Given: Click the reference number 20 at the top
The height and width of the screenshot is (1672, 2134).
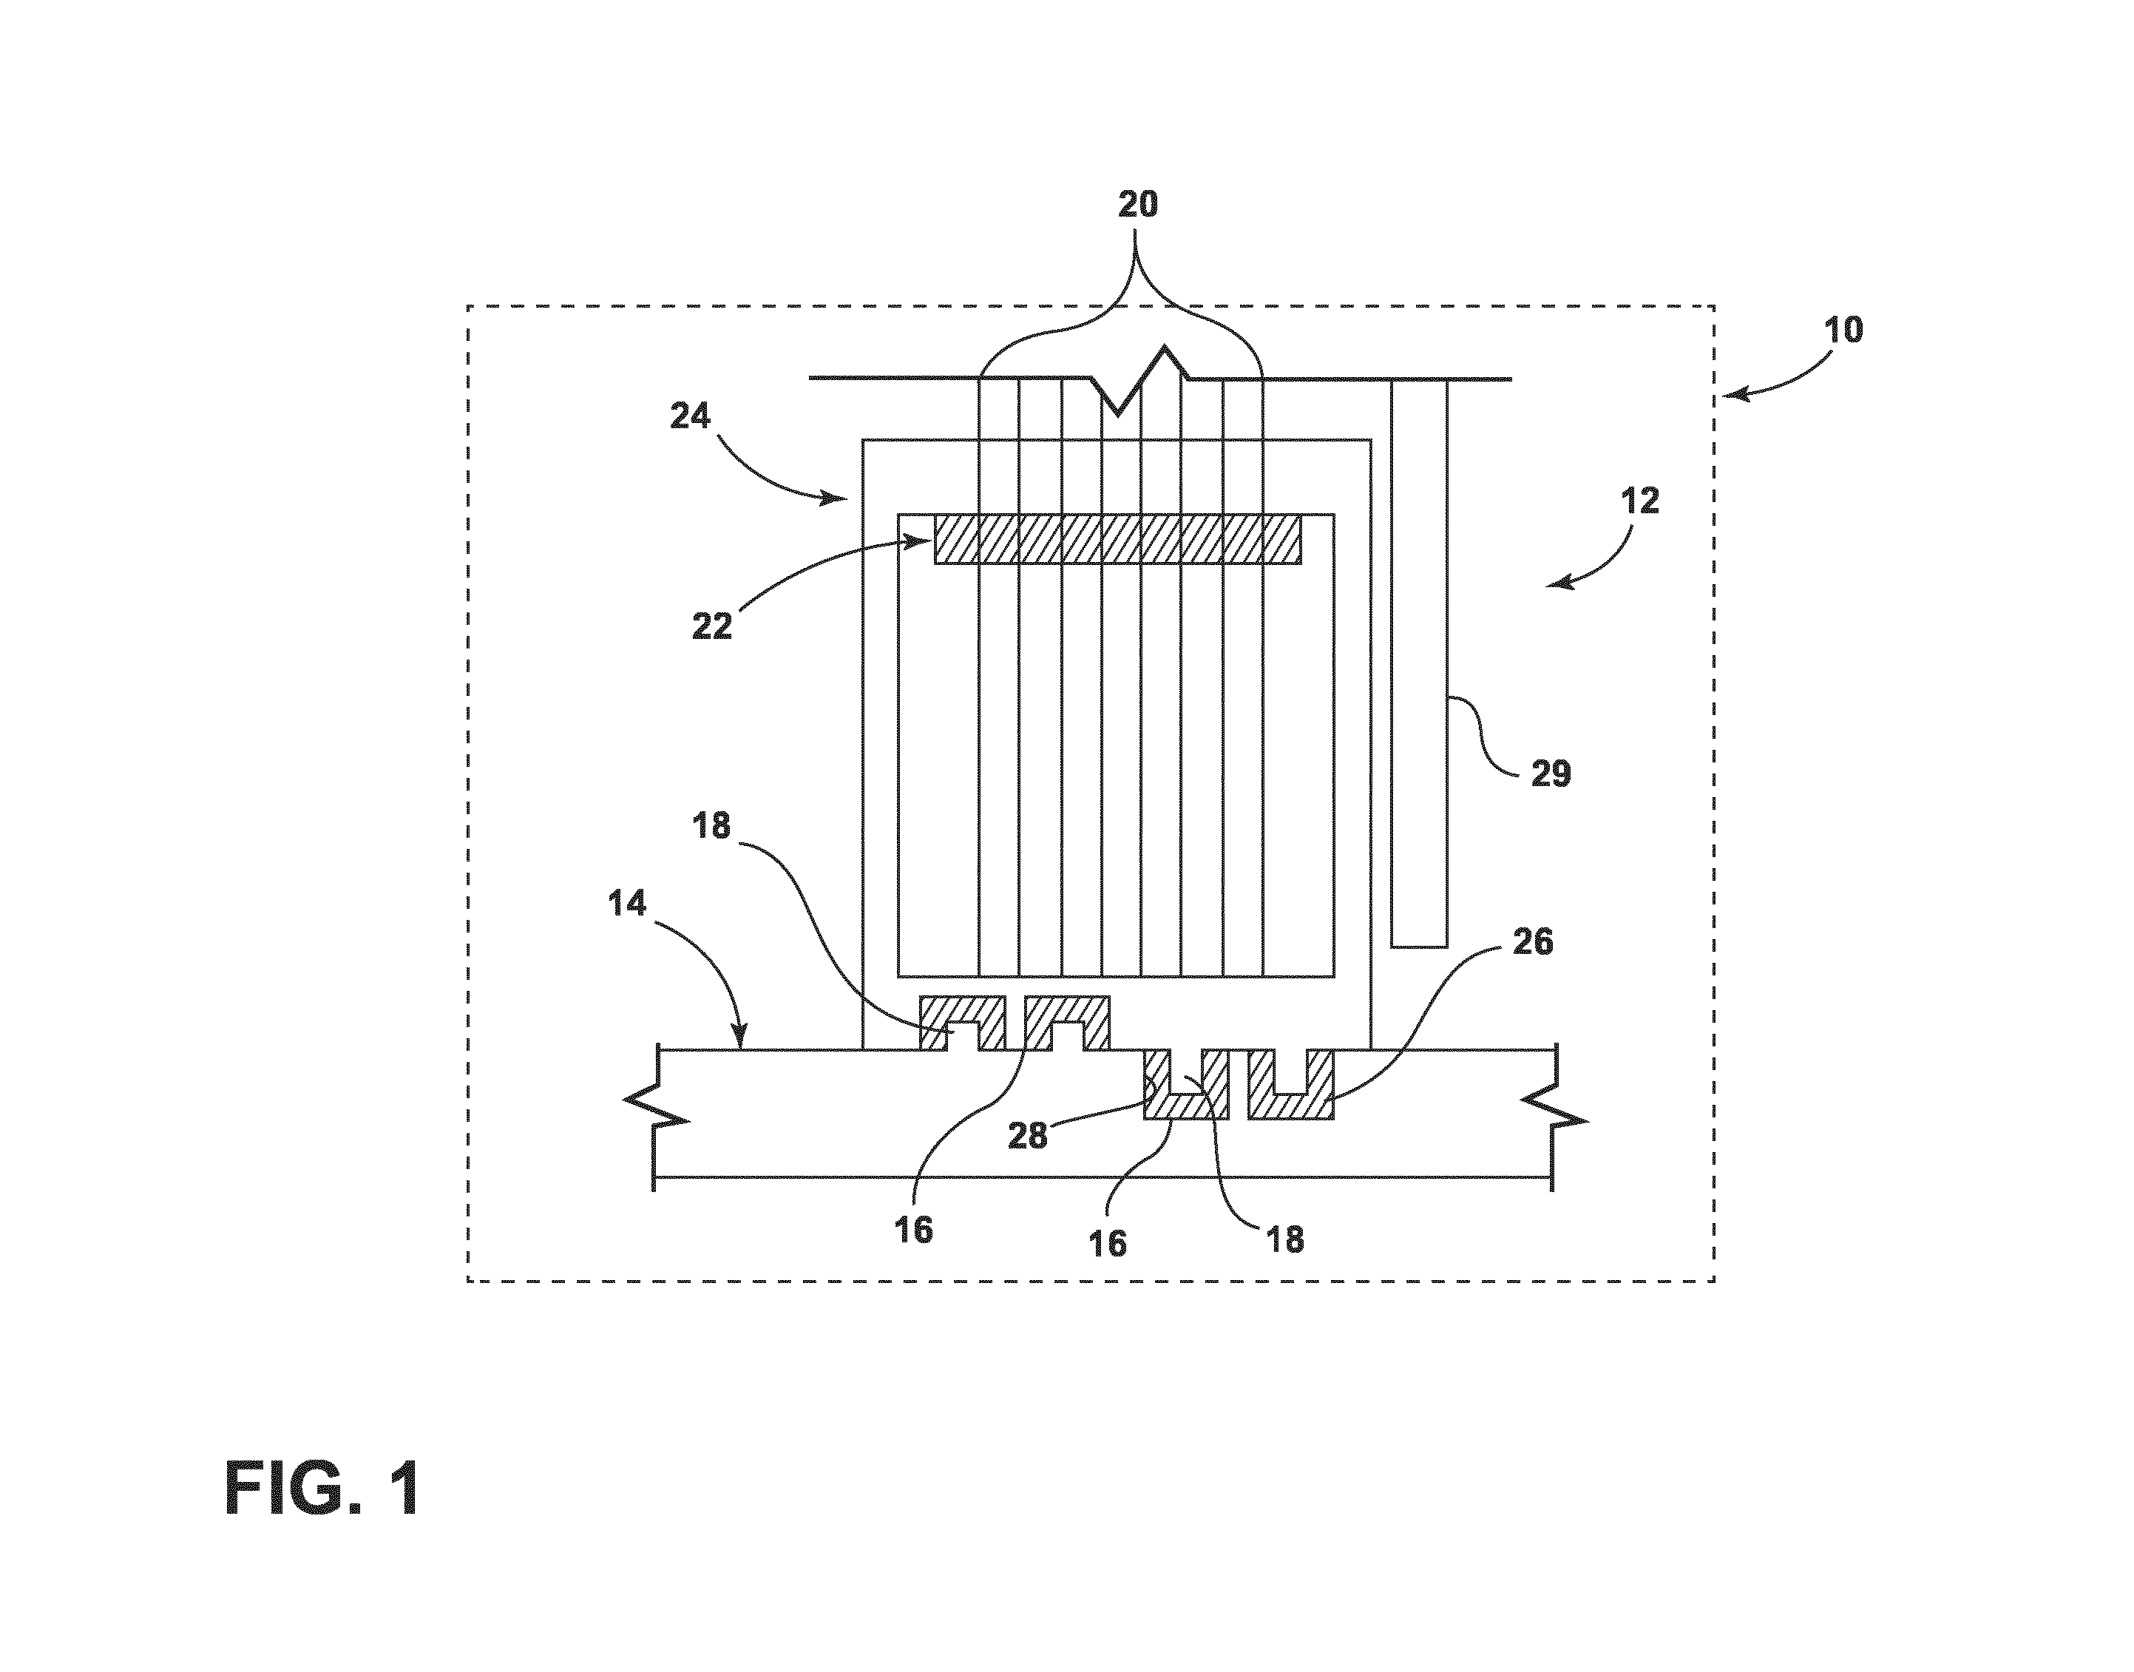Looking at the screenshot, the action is click(1137, 205).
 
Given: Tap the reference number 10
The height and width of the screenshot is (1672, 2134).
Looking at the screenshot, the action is click(1844, 330).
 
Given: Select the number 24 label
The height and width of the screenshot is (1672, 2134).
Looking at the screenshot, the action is click(690, 417).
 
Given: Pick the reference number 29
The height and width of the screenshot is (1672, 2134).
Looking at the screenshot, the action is click(1550, 774).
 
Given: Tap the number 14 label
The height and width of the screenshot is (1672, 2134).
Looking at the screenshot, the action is click(626, 904).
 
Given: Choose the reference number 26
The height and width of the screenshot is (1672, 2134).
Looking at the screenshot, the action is click(1533, 941).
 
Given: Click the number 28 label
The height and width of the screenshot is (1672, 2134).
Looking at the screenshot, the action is click(1028, 1137).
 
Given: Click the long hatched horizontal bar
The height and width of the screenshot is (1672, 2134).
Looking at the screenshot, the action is click(1118, 539).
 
